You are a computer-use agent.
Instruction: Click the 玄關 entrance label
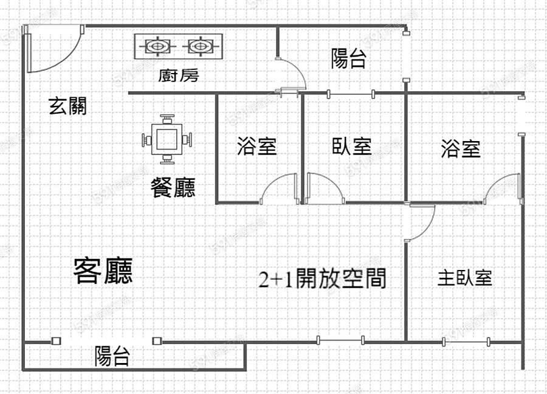coord(67,106)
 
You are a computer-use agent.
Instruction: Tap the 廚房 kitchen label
coord(178,75)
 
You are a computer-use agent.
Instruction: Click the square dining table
coord(167,139)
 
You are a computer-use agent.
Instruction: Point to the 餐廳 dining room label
coord(173,188)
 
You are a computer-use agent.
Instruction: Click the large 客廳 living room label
coord(103,271)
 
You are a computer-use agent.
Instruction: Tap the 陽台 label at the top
coord(348,58)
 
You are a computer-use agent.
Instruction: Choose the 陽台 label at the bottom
coord(112,356)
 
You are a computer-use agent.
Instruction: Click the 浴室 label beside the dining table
coord(256,147)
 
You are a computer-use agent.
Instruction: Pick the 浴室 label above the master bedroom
coord(461,148)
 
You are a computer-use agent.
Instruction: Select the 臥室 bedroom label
coord(352,147)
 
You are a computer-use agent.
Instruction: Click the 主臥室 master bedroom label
coord(464,278)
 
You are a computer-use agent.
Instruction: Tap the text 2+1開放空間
coord(323,278)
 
